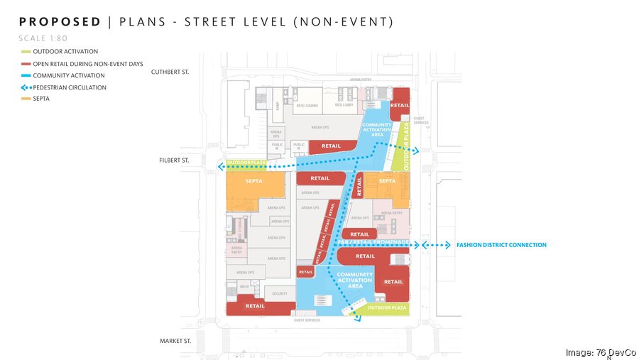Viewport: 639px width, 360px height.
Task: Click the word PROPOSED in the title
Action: (60, 21)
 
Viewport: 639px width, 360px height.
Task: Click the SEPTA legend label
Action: (43, 99)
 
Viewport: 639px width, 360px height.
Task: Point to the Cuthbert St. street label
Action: (170, 72)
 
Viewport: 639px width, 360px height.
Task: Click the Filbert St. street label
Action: (174, 160)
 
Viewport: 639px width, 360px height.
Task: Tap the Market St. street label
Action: (175, 342)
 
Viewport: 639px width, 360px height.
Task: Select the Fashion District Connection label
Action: (501, 245)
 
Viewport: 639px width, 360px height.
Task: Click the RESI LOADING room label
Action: (307, 105)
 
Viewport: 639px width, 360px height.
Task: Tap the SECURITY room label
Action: (280, 293)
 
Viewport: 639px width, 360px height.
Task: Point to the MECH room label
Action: (244, 287)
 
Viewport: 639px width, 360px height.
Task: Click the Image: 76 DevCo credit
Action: (600, 352)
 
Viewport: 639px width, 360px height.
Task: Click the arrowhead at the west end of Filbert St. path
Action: (222, 167)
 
